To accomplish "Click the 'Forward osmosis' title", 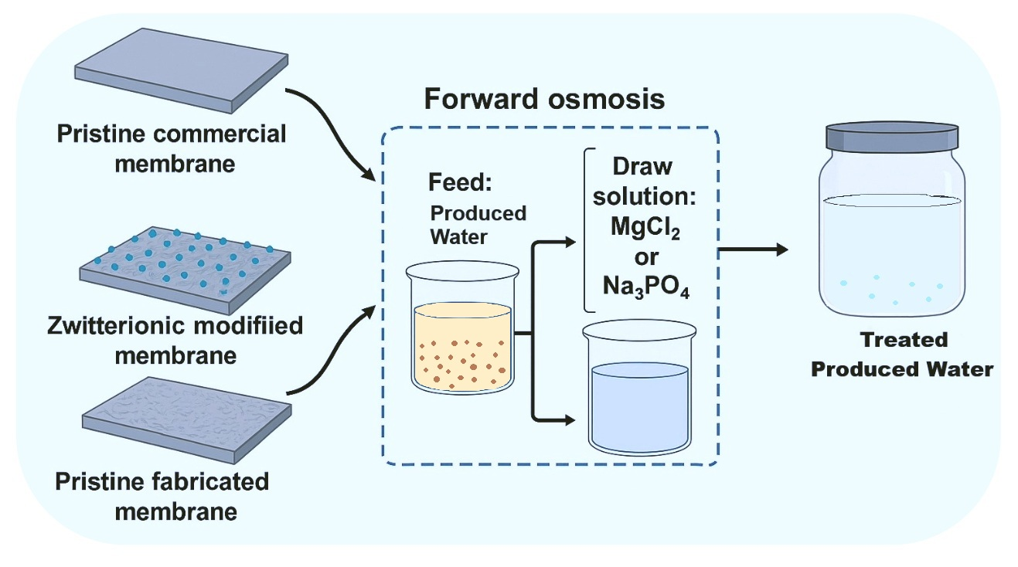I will tap(544, 100).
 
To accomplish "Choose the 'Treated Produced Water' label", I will tap(901, 355).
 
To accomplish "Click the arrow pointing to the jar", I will tap(753, 250).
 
